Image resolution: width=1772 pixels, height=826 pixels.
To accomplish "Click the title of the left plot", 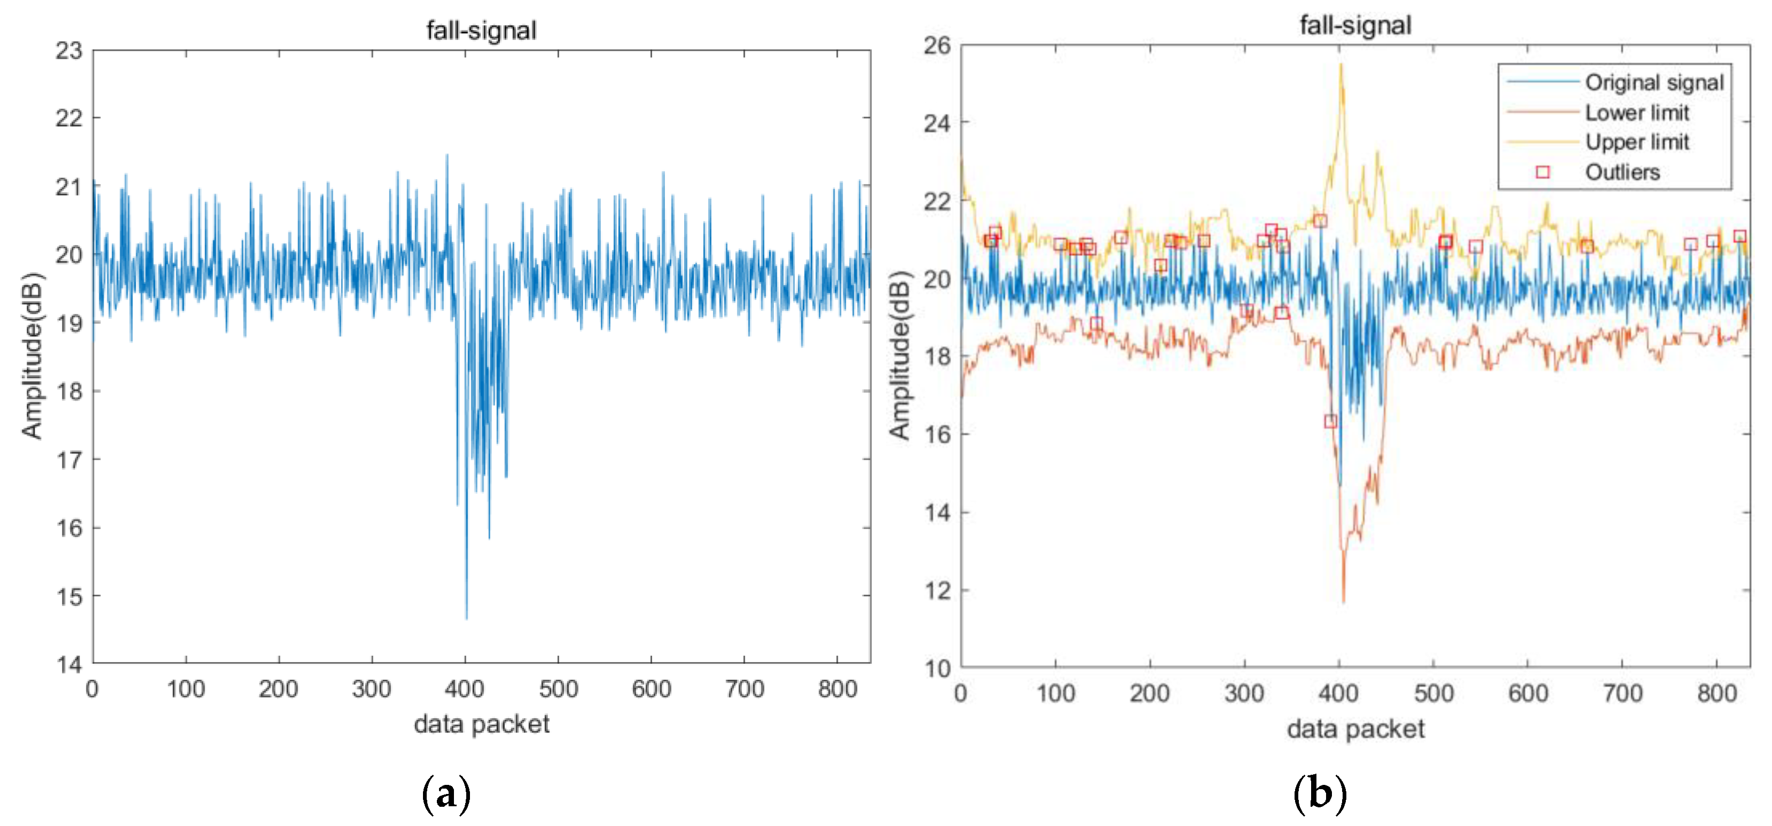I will point(481,30).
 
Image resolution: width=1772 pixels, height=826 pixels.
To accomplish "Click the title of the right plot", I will point(1354,26).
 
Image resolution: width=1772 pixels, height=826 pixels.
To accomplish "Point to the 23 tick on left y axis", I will point(69,50).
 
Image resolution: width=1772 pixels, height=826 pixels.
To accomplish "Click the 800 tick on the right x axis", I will point(1716,693).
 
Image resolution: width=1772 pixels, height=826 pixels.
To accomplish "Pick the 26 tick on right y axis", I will point(936,46).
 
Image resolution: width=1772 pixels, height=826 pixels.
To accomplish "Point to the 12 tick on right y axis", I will point(936,591).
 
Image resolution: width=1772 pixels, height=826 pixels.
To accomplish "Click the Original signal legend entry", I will point(1653,83).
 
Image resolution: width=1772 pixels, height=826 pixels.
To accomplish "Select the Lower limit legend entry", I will point(1636,112).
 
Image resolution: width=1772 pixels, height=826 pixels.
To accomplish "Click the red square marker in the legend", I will point(1542,172).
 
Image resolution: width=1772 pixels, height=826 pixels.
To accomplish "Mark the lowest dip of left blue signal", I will point(466,618).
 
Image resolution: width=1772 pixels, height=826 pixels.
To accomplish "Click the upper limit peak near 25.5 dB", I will point(1340,65).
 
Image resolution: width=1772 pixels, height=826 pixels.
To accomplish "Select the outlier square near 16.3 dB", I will point(1330,421).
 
